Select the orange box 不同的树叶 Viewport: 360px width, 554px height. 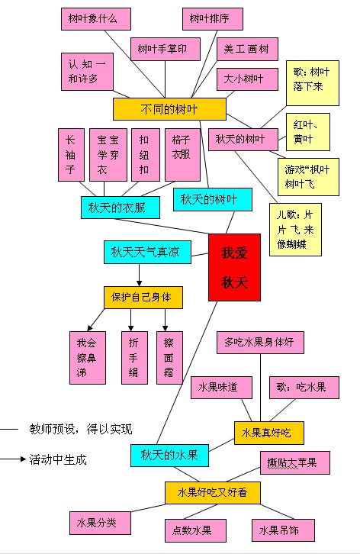pos(169,109)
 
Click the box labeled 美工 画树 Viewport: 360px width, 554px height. pos(246,50)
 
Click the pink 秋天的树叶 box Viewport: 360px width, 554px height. pos(239,139)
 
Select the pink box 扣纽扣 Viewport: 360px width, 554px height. pos(144,153)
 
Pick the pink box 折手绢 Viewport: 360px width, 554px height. pos(134,352)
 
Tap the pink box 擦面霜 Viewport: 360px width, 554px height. pos(169,352)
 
